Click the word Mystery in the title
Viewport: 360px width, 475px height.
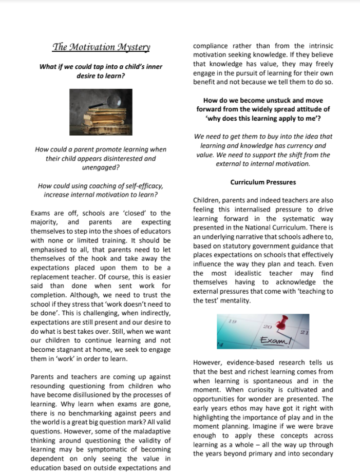[x=132, y=48]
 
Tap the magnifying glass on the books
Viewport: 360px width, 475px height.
[x=110, y=100]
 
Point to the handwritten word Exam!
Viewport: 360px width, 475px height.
[x=274, y=339]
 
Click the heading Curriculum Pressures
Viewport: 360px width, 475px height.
[x=262, y=182]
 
